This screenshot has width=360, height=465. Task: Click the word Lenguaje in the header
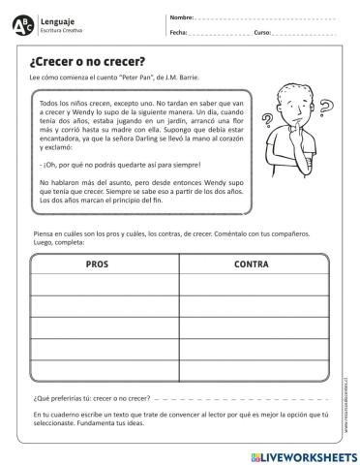pyautogui.click(x=55, y=19)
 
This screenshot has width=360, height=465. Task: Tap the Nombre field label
pyautogui.click(x=182, y=17)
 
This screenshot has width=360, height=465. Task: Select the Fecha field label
pyautogui.click(x=178, y=32)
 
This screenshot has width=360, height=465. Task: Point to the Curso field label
pyautogui.click(x=262, y=32)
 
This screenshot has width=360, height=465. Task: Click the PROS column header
pyautogui.click(x=98, y=263)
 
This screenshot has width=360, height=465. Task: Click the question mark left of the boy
pyautogui.click(x=269, y=121)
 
